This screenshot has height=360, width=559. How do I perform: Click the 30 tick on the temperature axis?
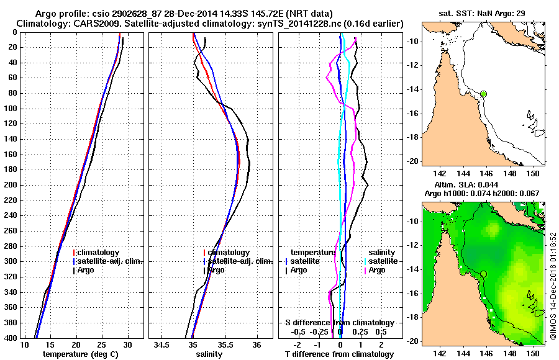(x=128, y=344)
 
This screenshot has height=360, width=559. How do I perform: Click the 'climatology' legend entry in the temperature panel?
(x=99, y=253)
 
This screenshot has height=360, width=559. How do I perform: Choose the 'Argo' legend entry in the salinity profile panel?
(x=216, y=270)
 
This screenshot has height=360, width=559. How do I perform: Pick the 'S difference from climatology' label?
(x=340, y=323)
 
